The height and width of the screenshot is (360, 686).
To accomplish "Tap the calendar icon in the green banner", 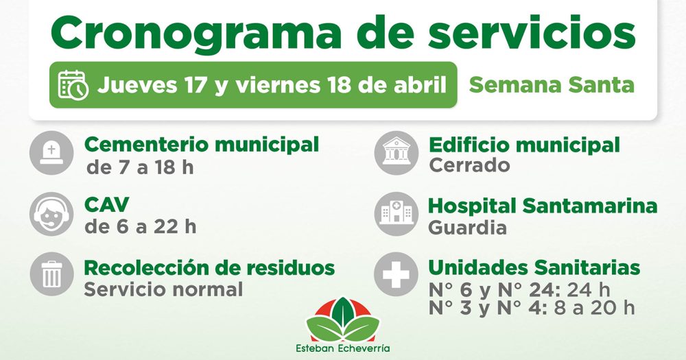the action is [73, 85].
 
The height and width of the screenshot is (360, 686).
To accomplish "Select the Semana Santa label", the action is [552, 85].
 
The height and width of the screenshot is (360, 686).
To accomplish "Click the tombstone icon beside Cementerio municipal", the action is [51, 153].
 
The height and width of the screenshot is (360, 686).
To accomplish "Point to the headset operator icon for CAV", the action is [51, 214].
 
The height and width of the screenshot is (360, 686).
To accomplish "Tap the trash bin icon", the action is [51, 274].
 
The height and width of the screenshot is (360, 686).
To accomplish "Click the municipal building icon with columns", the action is [397, 153].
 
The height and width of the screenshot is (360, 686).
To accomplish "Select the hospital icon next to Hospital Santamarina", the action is [397, 214].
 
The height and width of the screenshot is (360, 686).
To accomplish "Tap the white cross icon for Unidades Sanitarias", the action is [397, 274].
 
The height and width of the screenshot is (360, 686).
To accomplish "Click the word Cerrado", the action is [469, 166].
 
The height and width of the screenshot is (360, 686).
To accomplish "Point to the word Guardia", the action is [467, 228].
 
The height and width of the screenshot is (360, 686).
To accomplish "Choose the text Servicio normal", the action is [163, 289].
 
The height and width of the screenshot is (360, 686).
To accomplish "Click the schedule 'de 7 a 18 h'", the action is [140, 167].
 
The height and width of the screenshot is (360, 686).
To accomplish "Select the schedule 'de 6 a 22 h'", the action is [141, 227].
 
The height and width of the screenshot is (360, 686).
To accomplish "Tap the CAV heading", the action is [107, 205].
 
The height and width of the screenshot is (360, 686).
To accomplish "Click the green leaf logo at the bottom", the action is [343, 320].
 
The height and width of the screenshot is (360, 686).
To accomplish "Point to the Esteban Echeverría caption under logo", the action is [343, 348].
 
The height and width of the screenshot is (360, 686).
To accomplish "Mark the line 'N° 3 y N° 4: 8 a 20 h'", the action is [532, 308].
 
